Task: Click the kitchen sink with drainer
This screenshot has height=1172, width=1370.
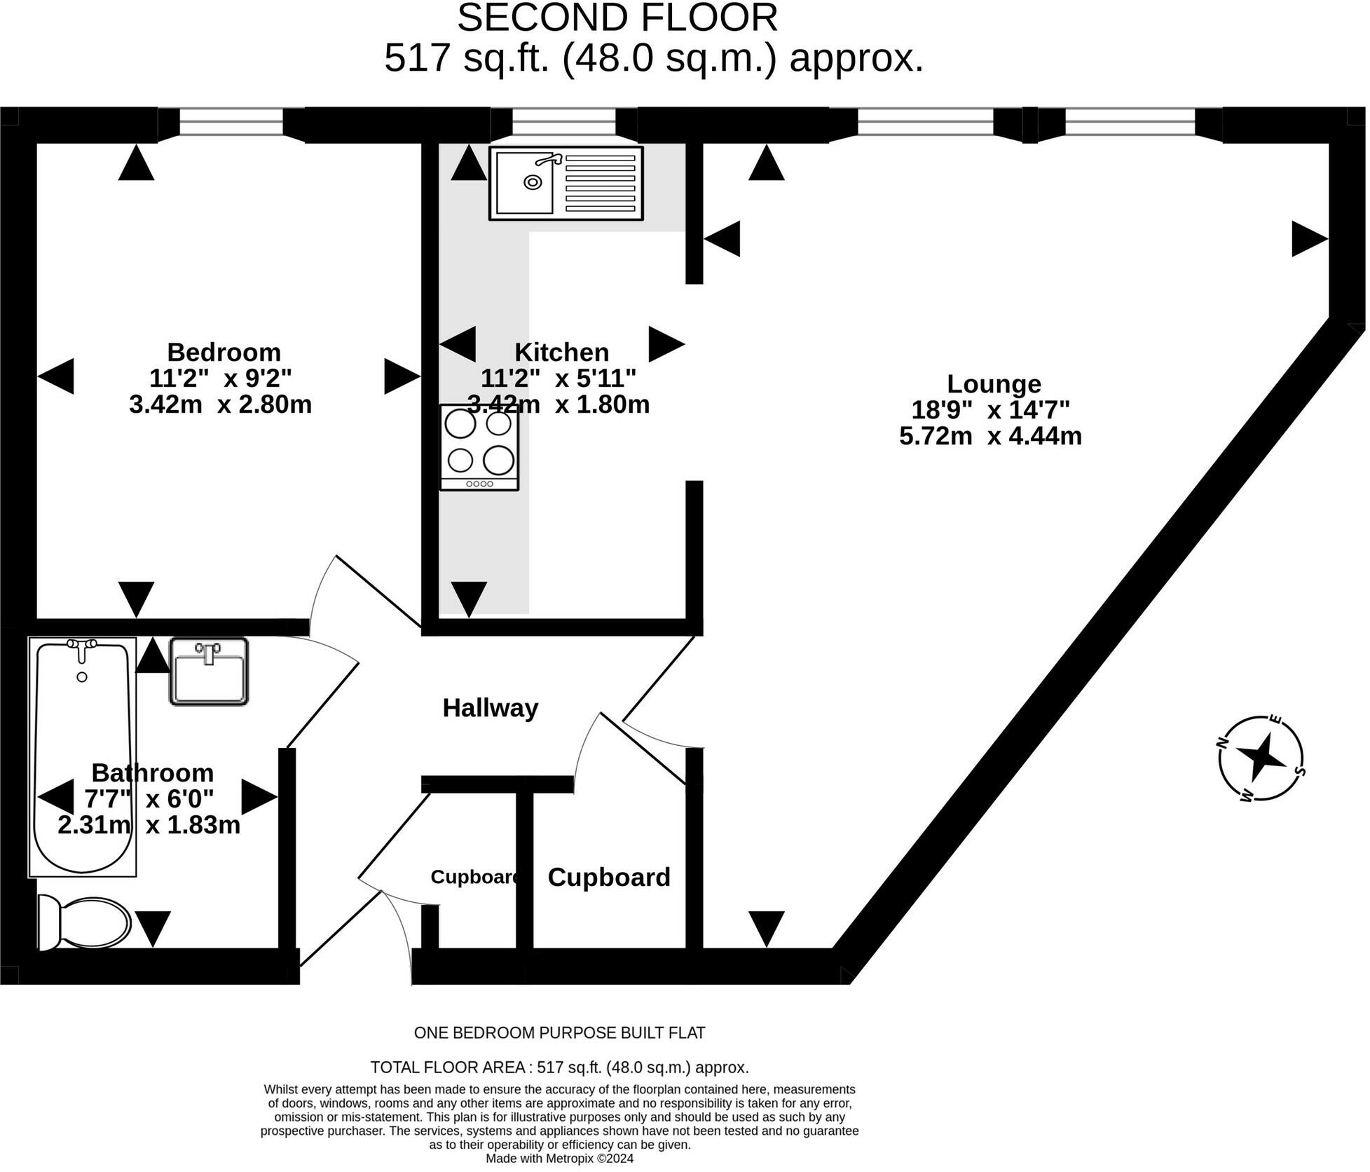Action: pos(566,184)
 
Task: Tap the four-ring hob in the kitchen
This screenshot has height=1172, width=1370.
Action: pos(479,447)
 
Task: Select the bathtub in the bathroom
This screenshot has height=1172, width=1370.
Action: pos(83,757)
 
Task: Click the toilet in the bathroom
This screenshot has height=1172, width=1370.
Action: pos(84,922)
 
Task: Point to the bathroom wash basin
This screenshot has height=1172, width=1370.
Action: pos(209,672)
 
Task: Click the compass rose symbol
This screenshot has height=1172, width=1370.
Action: pos(1261,758)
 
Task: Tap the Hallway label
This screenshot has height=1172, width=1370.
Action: pos(491,708)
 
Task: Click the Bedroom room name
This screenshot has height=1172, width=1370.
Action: pos(224,351)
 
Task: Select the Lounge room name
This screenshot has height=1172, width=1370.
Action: pos(994,383)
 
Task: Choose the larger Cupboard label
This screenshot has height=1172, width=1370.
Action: pos(609,877)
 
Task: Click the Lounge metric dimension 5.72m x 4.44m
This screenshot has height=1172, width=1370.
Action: pos(990,436)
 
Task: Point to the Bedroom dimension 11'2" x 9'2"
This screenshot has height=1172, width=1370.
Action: pos(220,378)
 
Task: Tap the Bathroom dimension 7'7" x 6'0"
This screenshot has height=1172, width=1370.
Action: pos(149,798)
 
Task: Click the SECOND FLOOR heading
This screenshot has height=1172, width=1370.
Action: pos(617,18)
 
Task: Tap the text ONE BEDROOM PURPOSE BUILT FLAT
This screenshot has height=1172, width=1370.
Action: pos(559,1033)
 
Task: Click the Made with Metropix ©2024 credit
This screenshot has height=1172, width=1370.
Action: pos(559,1159)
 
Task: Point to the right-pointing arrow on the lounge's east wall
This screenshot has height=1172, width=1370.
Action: pos(1310,239)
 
